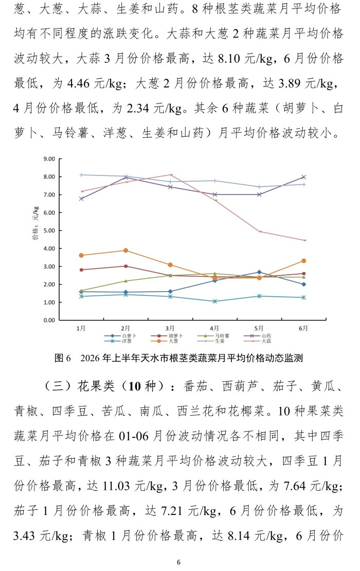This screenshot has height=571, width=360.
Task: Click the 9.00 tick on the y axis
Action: click(x=49, y=159)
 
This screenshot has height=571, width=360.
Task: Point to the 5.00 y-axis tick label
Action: click(x=49, y=230)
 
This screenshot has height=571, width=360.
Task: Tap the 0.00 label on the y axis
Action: click(x=49, y=320)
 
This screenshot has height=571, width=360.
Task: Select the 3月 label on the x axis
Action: click(x=170, y=328)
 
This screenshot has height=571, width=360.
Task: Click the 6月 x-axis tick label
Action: click(x=303, y=328)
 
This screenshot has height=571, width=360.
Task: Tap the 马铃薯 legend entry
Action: click(x=213, y=336)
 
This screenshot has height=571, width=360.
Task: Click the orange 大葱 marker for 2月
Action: click(x=125, y=251)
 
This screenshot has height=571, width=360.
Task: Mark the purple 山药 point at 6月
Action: click(x=303, y=177)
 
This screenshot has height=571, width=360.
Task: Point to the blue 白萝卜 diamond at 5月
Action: click(x=259, y=272)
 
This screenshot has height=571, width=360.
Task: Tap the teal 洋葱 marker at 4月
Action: click(x=214, y=301)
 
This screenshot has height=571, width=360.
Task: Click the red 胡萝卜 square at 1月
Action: click(x=81, y=270)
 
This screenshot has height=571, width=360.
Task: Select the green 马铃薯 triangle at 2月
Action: click(x=125, y=281)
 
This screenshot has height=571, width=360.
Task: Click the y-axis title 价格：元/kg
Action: click(x=35, y=223)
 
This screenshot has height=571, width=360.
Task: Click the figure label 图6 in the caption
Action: click(x=63, y=358)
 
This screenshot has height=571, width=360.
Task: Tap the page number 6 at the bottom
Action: click(x=178, y=562)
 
